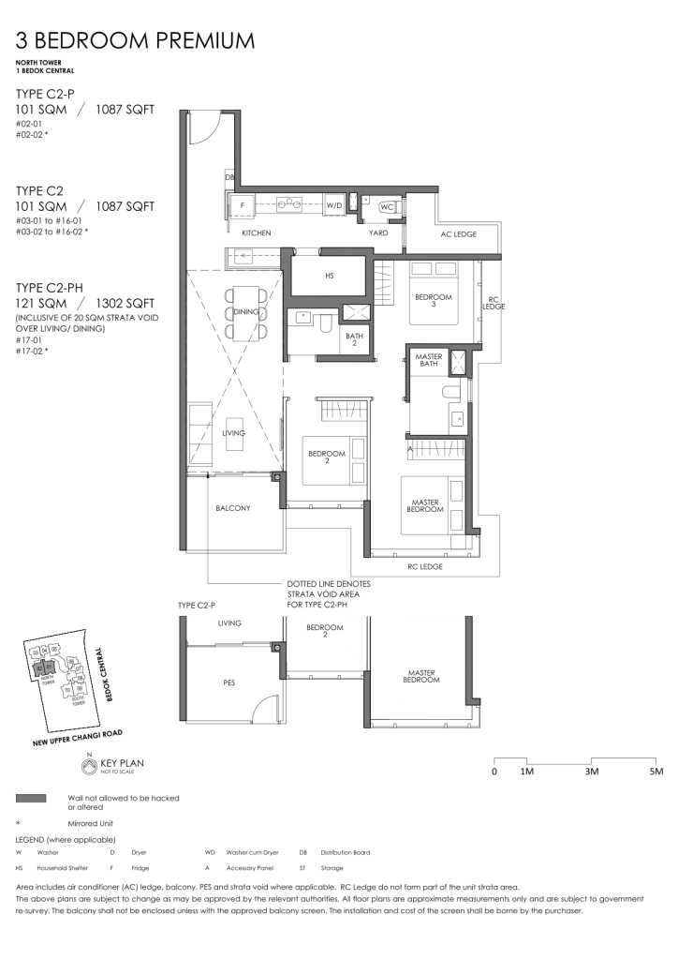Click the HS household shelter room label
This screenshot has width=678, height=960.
pyautogui.click(x=329, y=277)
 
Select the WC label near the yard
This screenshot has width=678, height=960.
pyautogui.click(x=387, y=207)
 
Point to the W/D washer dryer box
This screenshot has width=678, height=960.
pyautogui.click(x=334, y=203)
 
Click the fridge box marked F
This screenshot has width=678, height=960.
pyautogui.click(x=242, y=203)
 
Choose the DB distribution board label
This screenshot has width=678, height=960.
pyautogui.click(x=228, y=177)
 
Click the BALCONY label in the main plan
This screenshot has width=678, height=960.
pyautogui.click(x=232, y=508)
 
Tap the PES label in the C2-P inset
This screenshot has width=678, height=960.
pyautogui.click(x=229, y=683)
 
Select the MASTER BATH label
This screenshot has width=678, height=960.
pyautogui.click(x=429, y=361)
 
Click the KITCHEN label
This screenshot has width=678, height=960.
pyautogui.click(x=256, y=232)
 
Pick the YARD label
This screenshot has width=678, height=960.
pyautogui.click(x=378, y=232)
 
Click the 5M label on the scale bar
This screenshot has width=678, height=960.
pyautogui.click(x=655, y=772)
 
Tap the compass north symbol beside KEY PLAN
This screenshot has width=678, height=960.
pyautogui.click(x=89, y=767)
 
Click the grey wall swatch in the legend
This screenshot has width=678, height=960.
pyautogui.click(x=32, y=798)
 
